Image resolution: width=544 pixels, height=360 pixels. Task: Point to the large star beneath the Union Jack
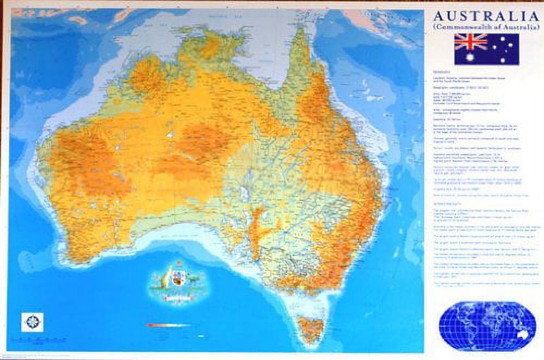pos(471,56)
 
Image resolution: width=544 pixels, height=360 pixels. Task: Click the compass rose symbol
pos(32,322)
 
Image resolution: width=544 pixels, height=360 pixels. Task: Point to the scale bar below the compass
pos(35,341)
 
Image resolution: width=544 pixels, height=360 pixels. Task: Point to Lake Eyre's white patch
pos(244,193)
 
